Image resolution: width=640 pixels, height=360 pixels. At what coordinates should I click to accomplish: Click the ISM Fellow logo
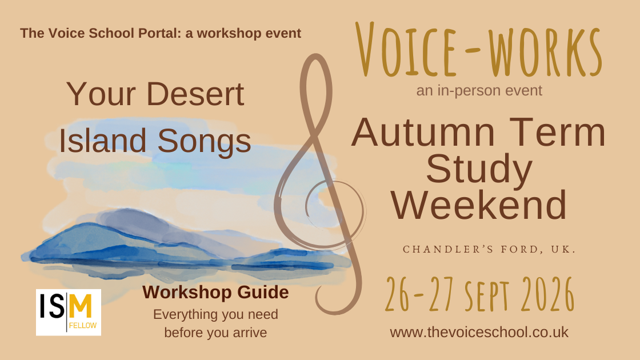69,312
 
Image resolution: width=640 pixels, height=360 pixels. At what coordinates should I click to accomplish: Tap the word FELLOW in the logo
83,325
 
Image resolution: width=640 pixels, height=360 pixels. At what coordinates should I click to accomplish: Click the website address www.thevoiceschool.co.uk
479,332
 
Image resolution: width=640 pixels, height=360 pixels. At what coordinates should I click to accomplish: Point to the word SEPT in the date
487,295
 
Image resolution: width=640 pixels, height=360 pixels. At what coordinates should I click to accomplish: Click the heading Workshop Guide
215,292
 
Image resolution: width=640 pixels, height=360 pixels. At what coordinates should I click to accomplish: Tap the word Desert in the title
195,94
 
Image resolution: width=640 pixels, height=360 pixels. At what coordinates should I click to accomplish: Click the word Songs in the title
204,141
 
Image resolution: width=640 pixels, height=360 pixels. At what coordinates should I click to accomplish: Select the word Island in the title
102,141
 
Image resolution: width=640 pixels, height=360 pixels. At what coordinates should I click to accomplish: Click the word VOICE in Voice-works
406,50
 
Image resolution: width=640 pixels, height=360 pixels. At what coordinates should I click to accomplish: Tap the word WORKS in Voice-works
545,52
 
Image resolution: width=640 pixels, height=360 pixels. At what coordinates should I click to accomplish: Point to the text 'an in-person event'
479,90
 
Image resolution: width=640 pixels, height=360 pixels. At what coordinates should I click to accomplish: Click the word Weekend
479,205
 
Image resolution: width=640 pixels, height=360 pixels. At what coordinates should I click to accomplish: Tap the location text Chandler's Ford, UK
489,249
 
